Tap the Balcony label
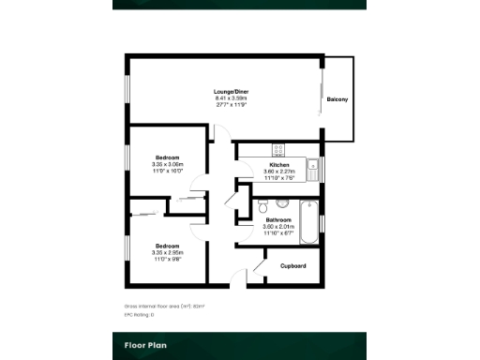pyautogui.click(x=337, y=99)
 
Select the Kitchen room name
pyautogui.click(x=279, y=165)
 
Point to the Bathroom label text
pyautogui.click(x=278, y=220)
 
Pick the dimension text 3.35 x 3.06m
pyautogui.click(x=168, y=164)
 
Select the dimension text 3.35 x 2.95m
pyautogui.click(x=168, y=251)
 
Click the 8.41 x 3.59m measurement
pyautogui.click(x=231, y=98)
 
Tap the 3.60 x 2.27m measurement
pyautogui.click(x=279, y=172)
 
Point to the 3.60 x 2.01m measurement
pyautogui.click(x=278, y=226)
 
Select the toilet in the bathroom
pyautogui.click(x=262, y=204)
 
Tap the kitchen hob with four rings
pyautogui.click(x=278, y=148)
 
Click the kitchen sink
pyautogui.click(x=319, y=169)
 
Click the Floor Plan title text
pyautogui.click(x=146, y=345)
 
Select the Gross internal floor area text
pyautogui.click(x=164, y=306)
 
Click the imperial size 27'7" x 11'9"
pyautogui.click(x=231, y=104)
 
